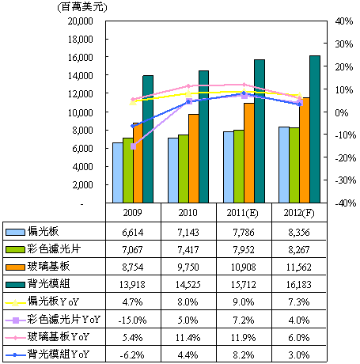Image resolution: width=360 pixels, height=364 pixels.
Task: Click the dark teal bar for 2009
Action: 148,139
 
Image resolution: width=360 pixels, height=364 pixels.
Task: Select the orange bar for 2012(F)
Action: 305,150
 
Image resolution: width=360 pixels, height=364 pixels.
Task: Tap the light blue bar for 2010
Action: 173,170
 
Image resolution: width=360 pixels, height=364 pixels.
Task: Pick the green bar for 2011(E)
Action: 239,166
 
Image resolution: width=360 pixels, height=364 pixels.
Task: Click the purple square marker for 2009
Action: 134,146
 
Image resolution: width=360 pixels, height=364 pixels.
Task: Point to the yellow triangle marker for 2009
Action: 133,102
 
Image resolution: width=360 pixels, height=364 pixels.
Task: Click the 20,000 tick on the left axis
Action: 81,21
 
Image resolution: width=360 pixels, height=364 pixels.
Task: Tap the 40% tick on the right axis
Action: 344,21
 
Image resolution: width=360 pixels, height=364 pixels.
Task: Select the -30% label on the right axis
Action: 346,180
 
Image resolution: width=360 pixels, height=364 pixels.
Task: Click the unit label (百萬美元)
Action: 82,7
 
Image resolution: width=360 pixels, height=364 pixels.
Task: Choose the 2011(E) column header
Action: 243,213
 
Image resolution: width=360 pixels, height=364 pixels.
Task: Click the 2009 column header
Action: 132,213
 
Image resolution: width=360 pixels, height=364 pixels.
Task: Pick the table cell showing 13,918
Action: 132,285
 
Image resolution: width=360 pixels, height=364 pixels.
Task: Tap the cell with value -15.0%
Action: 132,320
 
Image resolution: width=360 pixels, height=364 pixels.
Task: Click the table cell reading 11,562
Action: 299,267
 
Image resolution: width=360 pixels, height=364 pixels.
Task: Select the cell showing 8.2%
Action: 244,355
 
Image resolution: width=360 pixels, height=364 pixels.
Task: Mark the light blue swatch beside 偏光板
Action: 16,232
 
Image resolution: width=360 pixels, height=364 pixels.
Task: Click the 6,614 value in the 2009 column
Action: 132,233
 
